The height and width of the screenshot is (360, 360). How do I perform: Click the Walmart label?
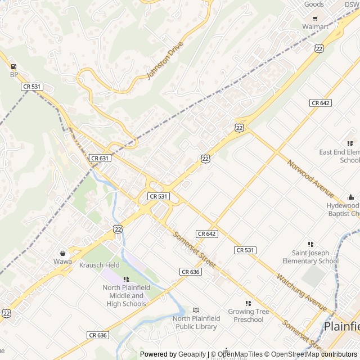[x=315, y=26]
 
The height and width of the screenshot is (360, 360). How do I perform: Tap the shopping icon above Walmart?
[x=315, y=17]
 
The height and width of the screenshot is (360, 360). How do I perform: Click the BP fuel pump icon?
[x=13, y=66]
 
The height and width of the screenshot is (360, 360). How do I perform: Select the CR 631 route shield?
[x=100, y=159]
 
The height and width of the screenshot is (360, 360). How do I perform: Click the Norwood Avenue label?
[x=310, y=178]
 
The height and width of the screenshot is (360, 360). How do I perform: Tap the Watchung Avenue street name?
[x=301, y=292]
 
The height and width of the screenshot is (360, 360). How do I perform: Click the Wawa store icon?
[x=63, y=253]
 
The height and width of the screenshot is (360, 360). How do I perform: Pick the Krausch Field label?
[x=99, y=265]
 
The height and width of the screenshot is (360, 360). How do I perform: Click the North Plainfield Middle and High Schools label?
[x=124, y=296]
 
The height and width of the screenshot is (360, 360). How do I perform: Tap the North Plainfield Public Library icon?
[x=196, y=310]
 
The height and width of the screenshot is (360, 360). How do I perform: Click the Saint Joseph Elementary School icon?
[x=310, y=244]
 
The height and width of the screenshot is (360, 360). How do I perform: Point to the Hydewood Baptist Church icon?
[x=351, y=197]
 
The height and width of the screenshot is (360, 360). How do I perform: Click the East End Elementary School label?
[x=339, y=156]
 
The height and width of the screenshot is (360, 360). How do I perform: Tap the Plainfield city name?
[x=341, y=327]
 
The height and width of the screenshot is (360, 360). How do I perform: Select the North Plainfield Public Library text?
[x=196, y=322]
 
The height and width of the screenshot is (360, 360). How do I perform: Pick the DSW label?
[x=352, y=4]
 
